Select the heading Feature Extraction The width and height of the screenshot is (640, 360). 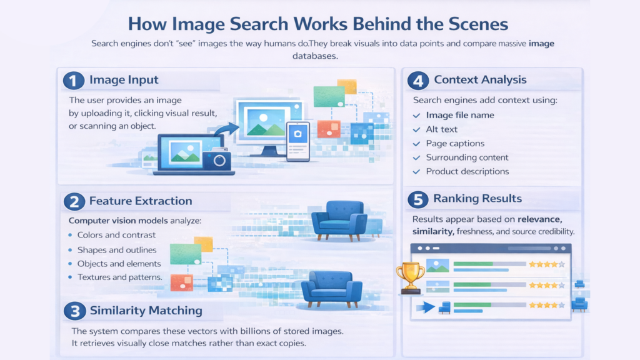tap(141, 201)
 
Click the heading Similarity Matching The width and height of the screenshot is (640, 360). tap(146, 311)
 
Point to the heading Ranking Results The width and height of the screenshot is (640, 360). tap(477, 199)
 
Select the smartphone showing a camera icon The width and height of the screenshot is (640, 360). tap(297, 141)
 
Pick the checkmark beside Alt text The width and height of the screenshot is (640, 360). tap(417, 129)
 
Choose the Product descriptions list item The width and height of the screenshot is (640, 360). tap(467, 171)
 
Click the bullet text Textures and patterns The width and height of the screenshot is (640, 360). tap(120, 277)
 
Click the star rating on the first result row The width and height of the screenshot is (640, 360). tap(547, 264)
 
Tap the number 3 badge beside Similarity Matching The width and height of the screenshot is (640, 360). tap(75, 311)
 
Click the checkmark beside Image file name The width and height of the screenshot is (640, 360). tap(417, 115)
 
